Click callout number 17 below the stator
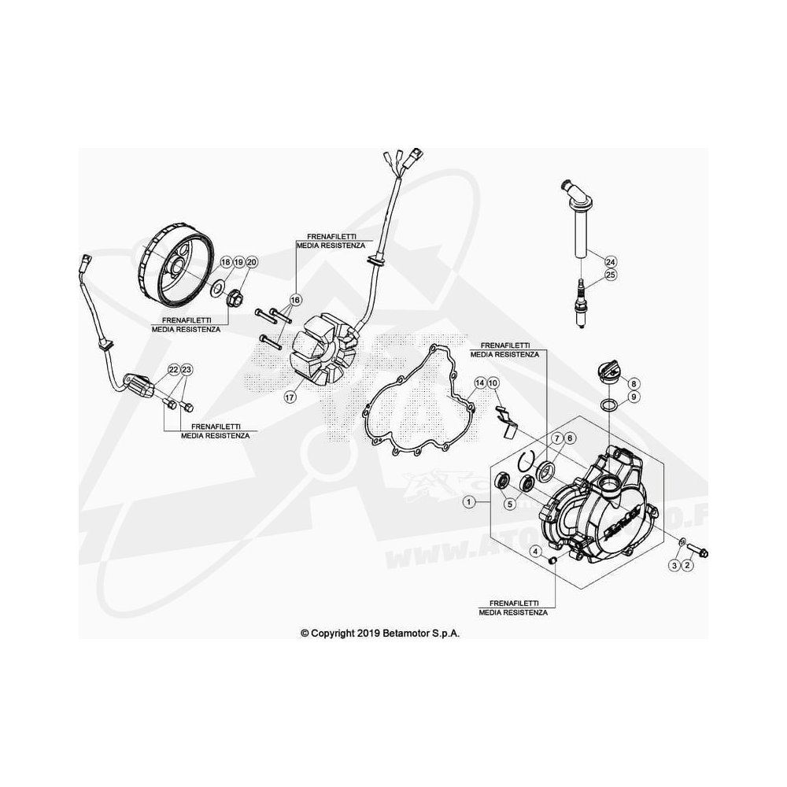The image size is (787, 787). (x=290, y=397)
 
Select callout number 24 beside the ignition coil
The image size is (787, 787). (x=611, y=260)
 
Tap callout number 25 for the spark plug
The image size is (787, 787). (x=611, y=275)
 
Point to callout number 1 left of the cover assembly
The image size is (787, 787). (x=469, y=501)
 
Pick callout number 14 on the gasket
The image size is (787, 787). (x=478, y=383)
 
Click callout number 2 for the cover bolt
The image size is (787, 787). (x=687, y=565)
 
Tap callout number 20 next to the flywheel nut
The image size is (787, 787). (x=252, y=261)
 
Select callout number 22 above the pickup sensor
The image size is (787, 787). (x=174, y=369)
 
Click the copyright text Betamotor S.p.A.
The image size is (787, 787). (x=379, y=632)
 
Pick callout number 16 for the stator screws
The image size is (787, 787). (x=296, y=300)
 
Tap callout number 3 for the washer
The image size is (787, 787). (x=674, y=565)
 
